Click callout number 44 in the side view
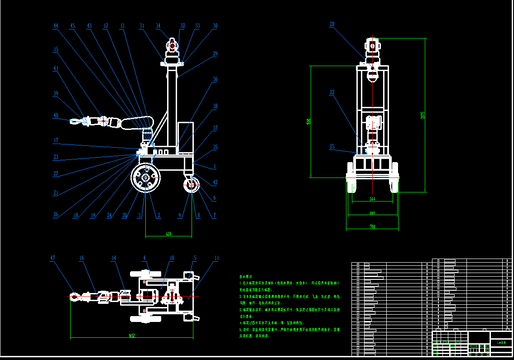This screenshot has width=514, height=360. point(56,26)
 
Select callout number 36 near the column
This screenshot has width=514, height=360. point(215,79)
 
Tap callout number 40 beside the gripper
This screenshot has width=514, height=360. point(56,115)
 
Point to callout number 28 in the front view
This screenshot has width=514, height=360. point(332,25)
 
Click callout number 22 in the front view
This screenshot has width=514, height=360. point(332,92)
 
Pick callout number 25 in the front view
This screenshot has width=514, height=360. point(332,147)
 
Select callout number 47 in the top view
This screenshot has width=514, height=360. point(53,258)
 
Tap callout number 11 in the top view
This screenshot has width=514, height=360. point(216,258)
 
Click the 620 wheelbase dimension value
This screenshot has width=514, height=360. point(168,234)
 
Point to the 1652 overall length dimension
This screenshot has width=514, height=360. point(132,336)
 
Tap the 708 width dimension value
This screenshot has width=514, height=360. point(372,226)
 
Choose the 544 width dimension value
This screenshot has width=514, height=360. point(372,199)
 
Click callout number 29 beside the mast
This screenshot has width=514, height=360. point(215,53)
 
